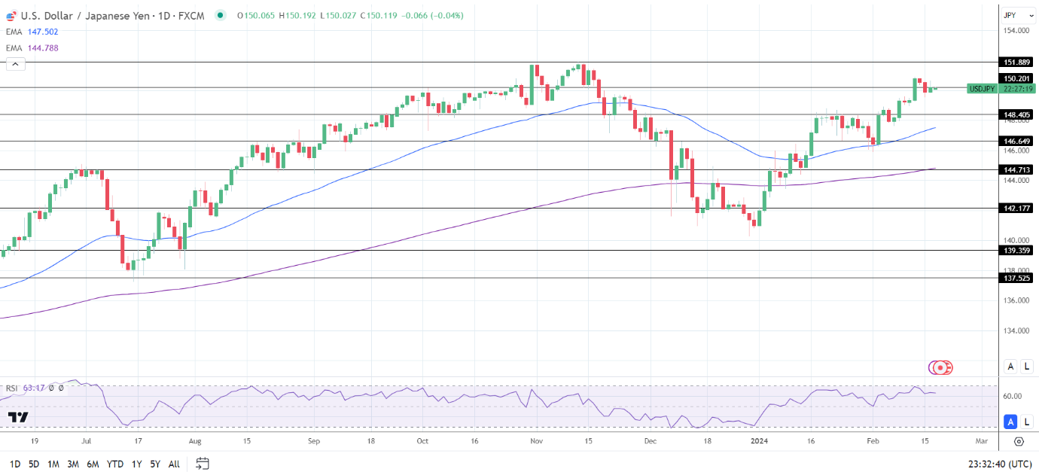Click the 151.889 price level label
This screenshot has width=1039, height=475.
(1016, 62)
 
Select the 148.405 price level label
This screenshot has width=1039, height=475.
(1016, 114)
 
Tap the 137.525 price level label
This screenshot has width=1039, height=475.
(1016, 278)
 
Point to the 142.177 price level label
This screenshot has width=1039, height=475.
(1016, 208)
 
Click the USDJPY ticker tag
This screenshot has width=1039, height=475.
(982, 89)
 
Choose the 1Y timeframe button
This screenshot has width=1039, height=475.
(136, 464)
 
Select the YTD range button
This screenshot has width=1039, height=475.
(115, 464)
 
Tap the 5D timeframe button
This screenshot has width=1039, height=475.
(34, 464)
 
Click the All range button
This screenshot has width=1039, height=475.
(174, 464)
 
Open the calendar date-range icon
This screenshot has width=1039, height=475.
(202, 464)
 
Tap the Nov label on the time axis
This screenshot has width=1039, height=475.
(536, 442)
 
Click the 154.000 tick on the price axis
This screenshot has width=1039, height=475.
(1016, 31)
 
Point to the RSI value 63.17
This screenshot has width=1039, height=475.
(34, 388)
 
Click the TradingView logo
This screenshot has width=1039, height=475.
(18, 416)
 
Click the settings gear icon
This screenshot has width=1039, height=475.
(1019, 442)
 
